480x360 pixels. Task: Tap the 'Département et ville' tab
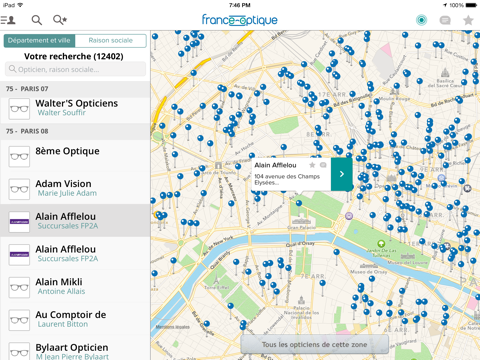[38, 41]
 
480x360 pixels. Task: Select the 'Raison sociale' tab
[110, 41]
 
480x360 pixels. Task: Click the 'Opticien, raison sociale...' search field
[75, 69]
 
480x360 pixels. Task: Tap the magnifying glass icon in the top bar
[37, 19]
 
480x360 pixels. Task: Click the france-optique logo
[240, 19]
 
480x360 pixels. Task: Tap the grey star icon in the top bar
[467, 20]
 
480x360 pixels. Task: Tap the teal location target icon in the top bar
[421, 20]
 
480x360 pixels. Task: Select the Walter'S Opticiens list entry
[75, 107]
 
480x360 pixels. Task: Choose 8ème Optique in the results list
[75, 155]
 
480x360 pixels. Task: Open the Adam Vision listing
[75, 188]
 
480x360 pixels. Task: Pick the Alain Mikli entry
[75, 286]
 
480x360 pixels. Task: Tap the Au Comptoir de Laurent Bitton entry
[75, 319]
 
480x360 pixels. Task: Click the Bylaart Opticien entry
[75, 349]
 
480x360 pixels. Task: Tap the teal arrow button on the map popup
[342, 173]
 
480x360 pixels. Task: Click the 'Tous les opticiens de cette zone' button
[314, 344]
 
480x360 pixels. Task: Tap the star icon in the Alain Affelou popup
[312, 165]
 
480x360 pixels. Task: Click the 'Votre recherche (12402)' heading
[75, 56]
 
